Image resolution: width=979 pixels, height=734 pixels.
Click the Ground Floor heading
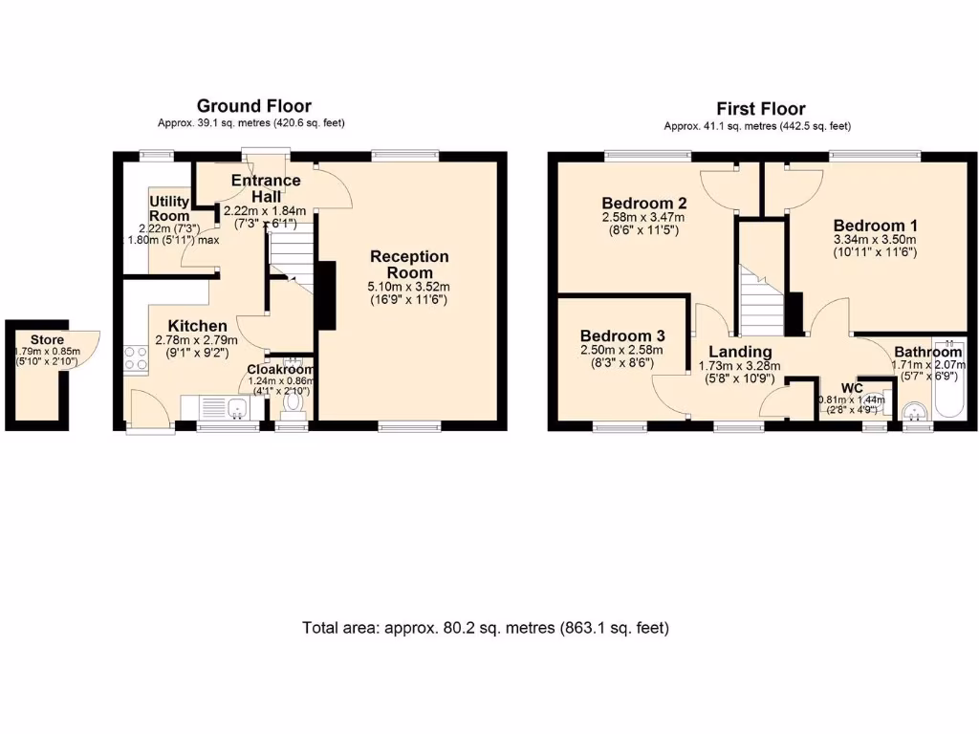[253, 106]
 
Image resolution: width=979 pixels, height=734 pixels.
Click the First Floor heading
[761, 109]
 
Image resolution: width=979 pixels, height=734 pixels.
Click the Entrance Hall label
[266, 188]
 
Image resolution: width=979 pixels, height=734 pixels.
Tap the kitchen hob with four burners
[136, 357]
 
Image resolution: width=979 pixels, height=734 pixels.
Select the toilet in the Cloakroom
[293, 405]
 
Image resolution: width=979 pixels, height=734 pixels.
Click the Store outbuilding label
[46, 340]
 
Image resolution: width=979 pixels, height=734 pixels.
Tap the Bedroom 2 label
[640, 203]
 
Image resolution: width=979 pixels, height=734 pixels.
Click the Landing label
[740, 352]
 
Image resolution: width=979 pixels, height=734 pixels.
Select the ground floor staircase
[289, 253]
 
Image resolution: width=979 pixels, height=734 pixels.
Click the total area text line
[486, 628]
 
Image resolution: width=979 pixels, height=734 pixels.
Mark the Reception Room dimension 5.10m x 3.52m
[409, 285]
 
